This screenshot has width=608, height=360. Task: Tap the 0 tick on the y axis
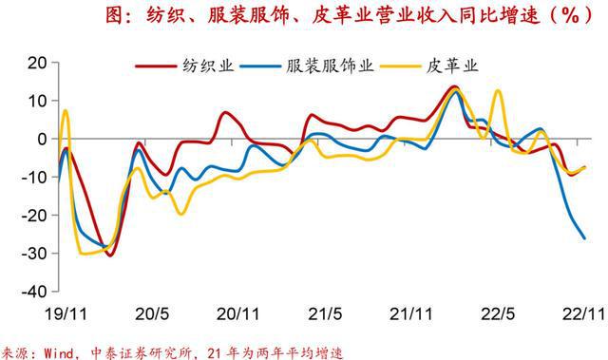click(40, 139)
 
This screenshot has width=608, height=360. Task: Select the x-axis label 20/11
click(239, 312)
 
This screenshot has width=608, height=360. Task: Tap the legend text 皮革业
click(452, 66)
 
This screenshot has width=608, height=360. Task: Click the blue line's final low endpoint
click(583, 237)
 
